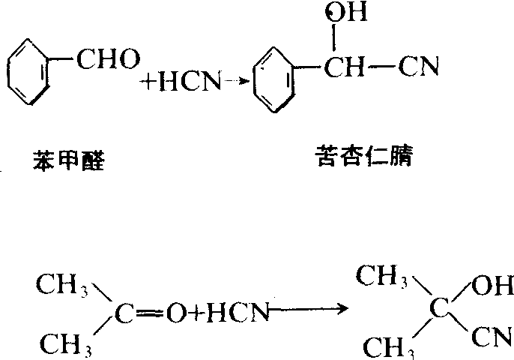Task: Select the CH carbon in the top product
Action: click(344, 67)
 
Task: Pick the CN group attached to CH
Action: click(418, 67)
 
